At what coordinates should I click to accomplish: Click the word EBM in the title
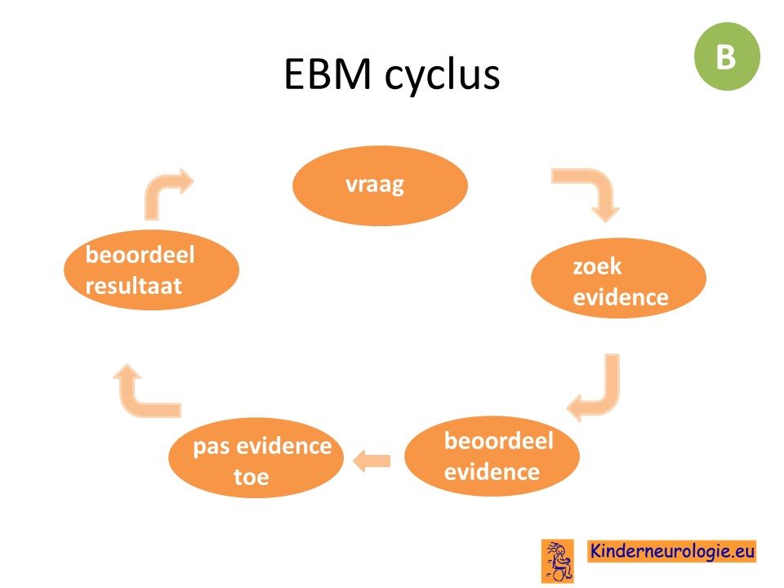click(327, 74)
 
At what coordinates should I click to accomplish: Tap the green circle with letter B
click(727, 56)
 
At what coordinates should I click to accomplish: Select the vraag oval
click(380, 185)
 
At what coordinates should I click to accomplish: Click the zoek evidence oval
click(618, 278)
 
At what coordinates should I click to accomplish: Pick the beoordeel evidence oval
click(492, 456)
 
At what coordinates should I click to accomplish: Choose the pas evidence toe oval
click(256, 457)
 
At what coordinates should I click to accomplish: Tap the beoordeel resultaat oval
click(152, 270)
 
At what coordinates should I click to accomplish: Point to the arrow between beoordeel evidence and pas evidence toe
click(372, 461)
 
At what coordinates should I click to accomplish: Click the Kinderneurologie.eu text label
click(672, 551)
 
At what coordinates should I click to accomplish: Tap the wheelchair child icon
click(558, 561)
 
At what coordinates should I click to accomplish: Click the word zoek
click(597, 266)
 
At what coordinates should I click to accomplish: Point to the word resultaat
click(133, 286)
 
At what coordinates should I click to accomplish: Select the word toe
click(252, 477)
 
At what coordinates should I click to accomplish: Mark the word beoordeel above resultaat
click(140, 255)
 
